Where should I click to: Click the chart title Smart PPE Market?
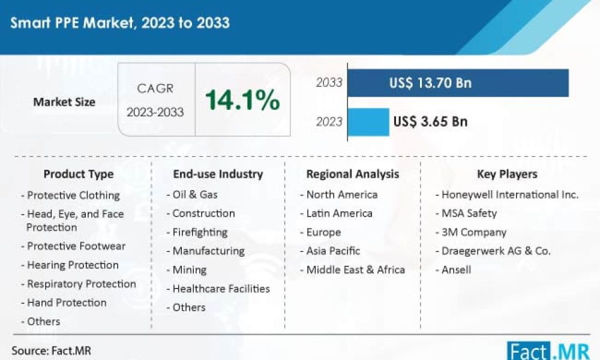coord(119,23)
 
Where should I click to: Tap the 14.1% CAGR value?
coord(242,100)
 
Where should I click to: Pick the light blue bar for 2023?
coord(368,122)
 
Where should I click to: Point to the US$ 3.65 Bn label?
coord(430,122)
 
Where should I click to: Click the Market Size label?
coord(64,102)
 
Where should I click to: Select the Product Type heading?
coord(78,175)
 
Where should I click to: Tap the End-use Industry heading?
coord(218,175)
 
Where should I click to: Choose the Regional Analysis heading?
coord(352,175)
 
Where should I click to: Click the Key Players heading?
coord(507,175)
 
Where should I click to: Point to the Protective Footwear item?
coord(76,247)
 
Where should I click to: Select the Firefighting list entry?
coord(200,232)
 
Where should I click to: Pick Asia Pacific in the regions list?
coord(333,251)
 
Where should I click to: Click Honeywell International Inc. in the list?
coord(510,194)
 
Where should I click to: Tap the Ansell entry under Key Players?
coord(456,269)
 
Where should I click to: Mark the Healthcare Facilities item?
coord(221,289)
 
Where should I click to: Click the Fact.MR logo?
coord(547,349)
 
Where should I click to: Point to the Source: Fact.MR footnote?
coord(51,350)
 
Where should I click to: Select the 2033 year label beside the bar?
coord(329,83)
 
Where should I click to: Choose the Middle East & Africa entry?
coord(355,270)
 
